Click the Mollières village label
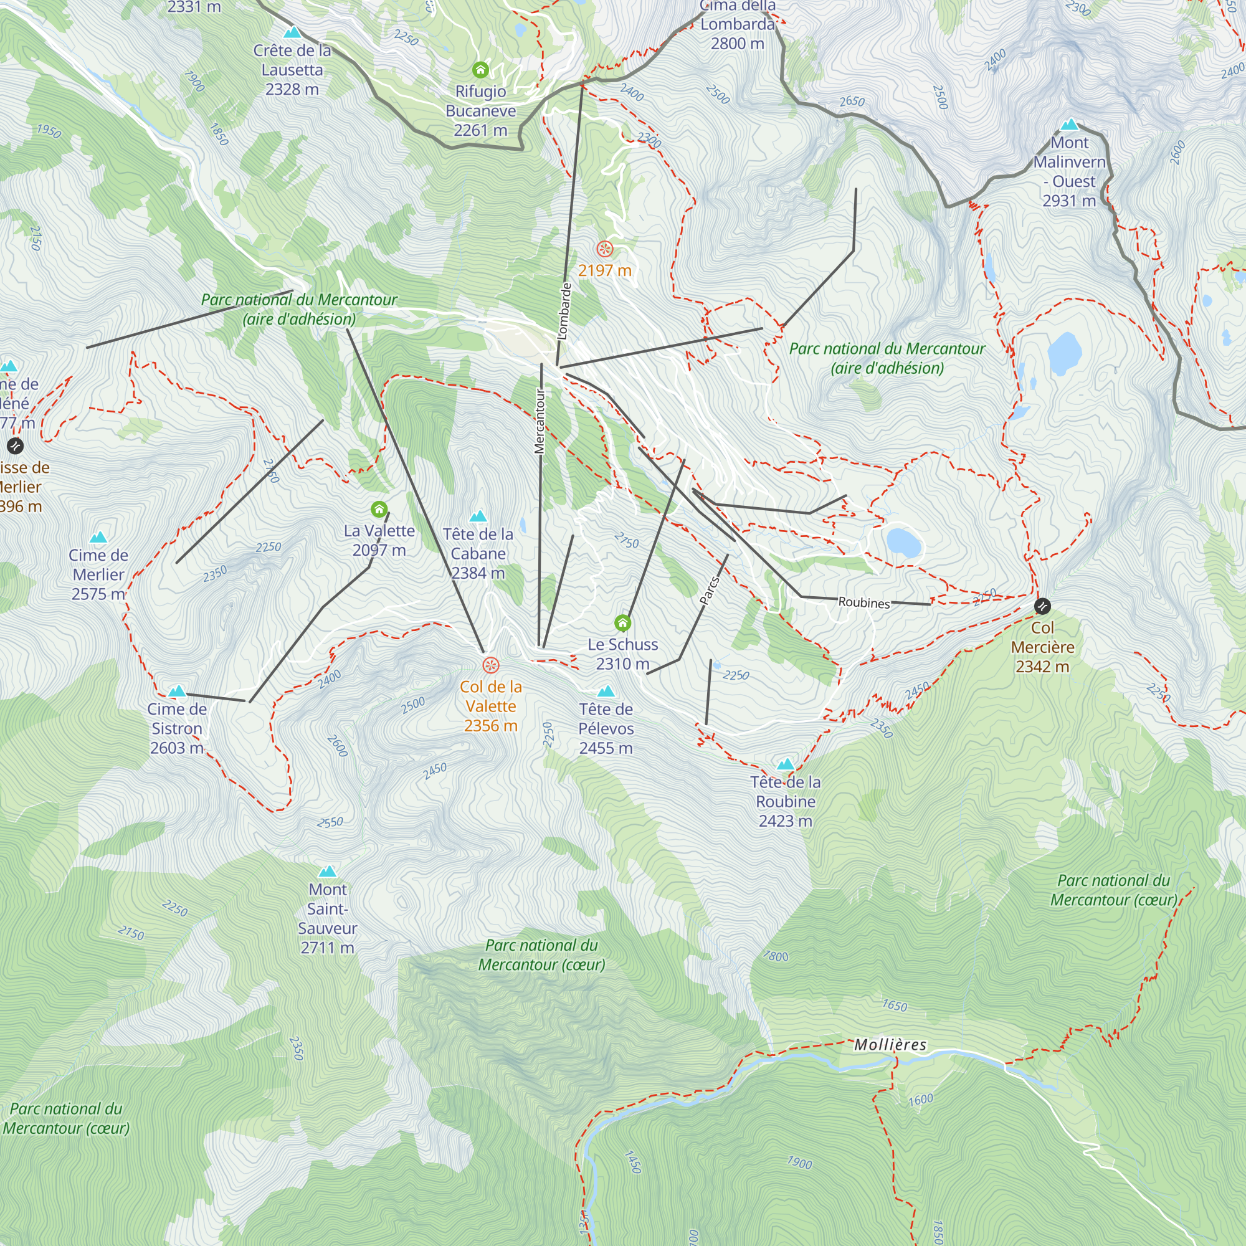(x=890, y=1045)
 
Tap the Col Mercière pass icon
(x=1042, y=606)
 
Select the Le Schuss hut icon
(x=622, y=623)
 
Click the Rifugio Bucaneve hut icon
(x=480, y=70)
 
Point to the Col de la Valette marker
(x=491, y=665)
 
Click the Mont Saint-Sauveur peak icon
(x=328, y=872)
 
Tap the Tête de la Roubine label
(x=786, y=801)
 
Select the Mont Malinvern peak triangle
(x=1069, y=125)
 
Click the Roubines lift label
(x=863, y=602)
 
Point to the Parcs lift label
(x=709, y=591)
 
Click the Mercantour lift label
(x=540, y=421)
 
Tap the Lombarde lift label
(x=564, y=311)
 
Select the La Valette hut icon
(x=379, y=510)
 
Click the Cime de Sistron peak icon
(x=177, y=692)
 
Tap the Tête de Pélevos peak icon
(x=606, y=692)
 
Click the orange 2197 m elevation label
(x=604, y=270)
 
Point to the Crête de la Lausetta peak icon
(x=292, y=32)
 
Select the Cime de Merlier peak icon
(x=98, y=537)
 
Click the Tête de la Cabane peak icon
(x=478, y=516)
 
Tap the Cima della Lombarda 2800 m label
(x=737, y=24)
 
